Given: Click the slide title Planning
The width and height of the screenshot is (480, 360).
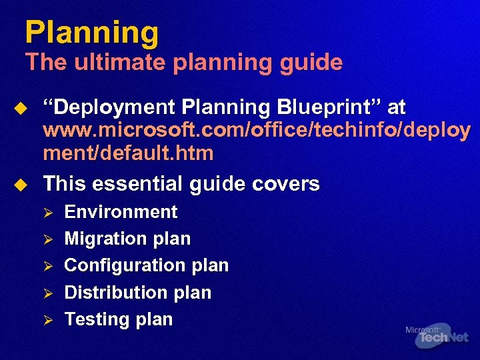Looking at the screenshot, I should [92, 33].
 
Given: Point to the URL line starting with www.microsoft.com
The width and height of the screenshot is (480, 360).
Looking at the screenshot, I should [257, 130].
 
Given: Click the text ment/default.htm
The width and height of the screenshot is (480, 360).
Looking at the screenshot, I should [128, 153].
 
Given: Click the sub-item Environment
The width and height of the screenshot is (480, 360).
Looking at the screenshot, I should [121, 212].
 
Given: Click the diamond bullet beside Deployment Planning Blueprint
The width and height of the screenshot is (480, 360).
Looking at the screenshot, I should [21, 108].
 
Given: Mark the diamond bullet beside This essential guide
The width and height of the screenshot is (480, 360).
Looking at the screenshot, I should [21, 184].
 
